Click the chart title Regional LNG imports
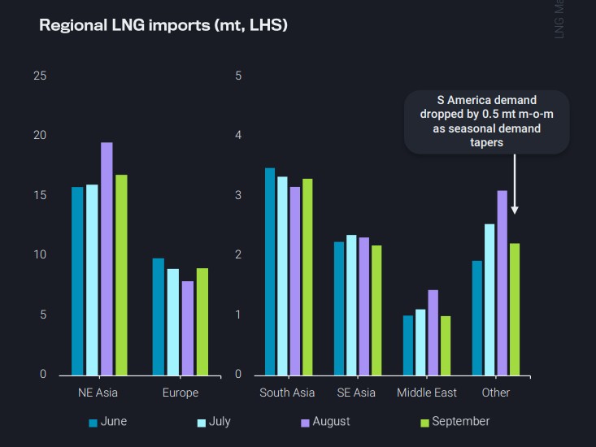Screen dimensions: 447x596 (x=163, y=25)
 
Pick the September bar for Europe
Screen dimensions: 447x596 (x=202, y=321)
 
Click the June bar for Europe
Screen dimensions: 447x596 (x=159, y=316)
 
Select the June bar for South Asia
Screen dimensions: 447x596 (x=270, y=271)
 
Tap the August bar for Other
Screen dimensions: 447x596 (x=502, y=282)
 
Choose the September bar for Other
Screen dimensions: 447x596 (x=514, y=309)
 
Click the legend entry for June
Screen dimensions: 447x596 (x=107, y=422)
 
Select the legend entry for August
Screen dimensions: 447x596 (x=325, y=422)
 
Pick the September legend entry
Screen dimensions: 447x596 (x=455, y=422)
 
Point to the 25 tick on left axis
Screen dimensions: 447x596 (x=40, y=76)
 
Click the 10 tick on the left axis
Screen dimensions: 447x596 (x=40, y=255)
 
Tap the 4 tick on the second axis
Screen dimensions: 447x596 (x=238, y=136)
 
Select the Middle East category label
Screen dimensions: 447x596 (x=427, y=393)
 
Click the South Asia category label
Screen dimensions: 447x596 (x=287, y=393)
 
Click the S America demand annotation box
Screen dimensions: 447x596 (x=487, y=121)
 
